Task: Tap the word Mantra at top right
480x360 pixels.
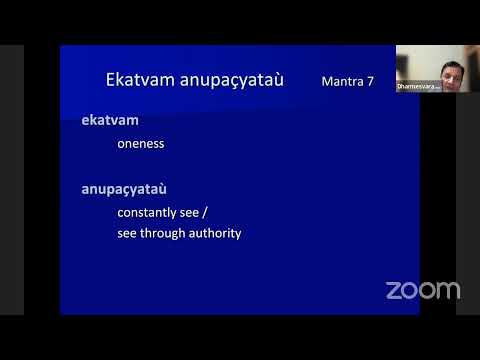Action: (x=340, y=80)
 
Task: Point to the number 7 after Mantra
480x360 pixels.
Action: (x=370, y=80)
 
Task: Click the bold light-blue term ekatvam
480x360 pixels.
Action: (x=109, y=120)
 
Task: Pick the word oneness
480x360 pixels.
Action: (x=141, y=143)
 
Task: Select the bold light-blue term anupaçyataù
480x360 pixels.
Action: (x=125, y=187)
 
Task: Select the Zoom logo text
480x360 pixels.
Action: (x=423, y=290)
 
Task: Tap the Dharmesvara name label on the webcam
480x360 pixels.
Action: (x=418, y=87)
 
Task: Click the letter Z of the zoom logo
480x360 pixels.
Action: (x=393, y=291)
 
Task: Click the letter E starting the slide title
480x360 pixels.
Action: (x=111, y=79)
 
